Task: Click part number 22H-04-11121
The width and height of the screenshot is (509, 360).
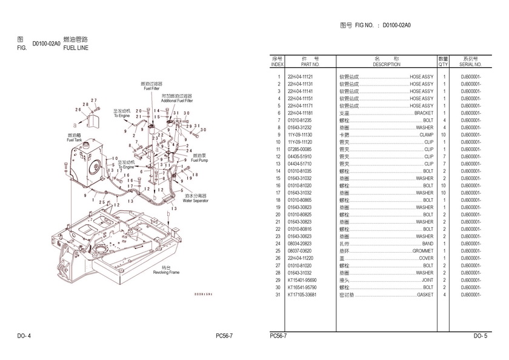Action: point(301,77)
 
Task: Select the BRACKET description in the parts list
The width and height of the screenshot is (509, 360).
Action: point(424,113)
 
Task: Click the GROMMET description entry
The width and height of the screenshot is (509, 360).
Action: point(422,251)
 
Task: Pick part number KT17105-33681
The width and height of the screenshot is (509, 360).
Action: point(302,295)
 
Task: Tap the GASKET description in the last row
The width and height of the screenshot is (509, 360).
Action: point(425,295)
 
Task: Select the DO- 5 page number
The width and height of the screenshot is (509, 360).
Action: point(481,335)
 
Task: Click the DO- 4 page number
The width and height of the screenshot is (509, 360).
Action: point(24,335)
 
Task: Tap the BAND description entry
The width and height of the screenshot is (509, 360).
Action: point(427,244)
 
